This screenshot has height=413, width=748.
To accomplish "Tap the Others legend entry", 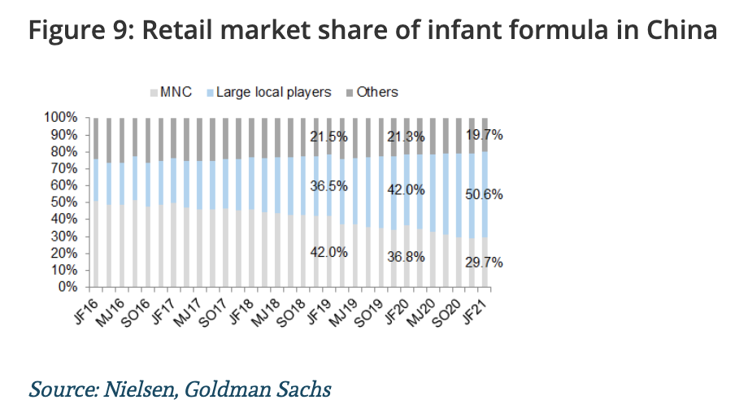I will point(377,92).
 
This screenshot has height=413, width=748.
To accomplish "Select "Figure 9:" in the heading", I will point(73,31).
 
